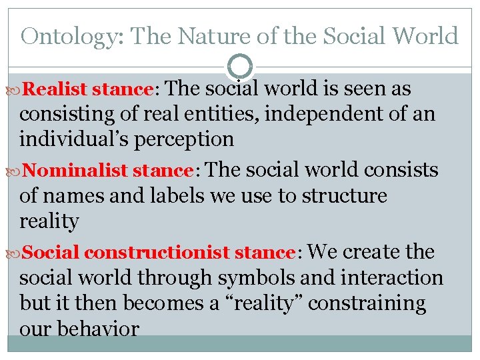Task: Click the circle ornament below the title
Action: pos(240,66)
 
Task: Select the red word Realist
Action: pos(56,89)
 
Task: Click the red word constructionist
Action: pos(157,253)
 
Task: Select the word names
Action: pos(71,196)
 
